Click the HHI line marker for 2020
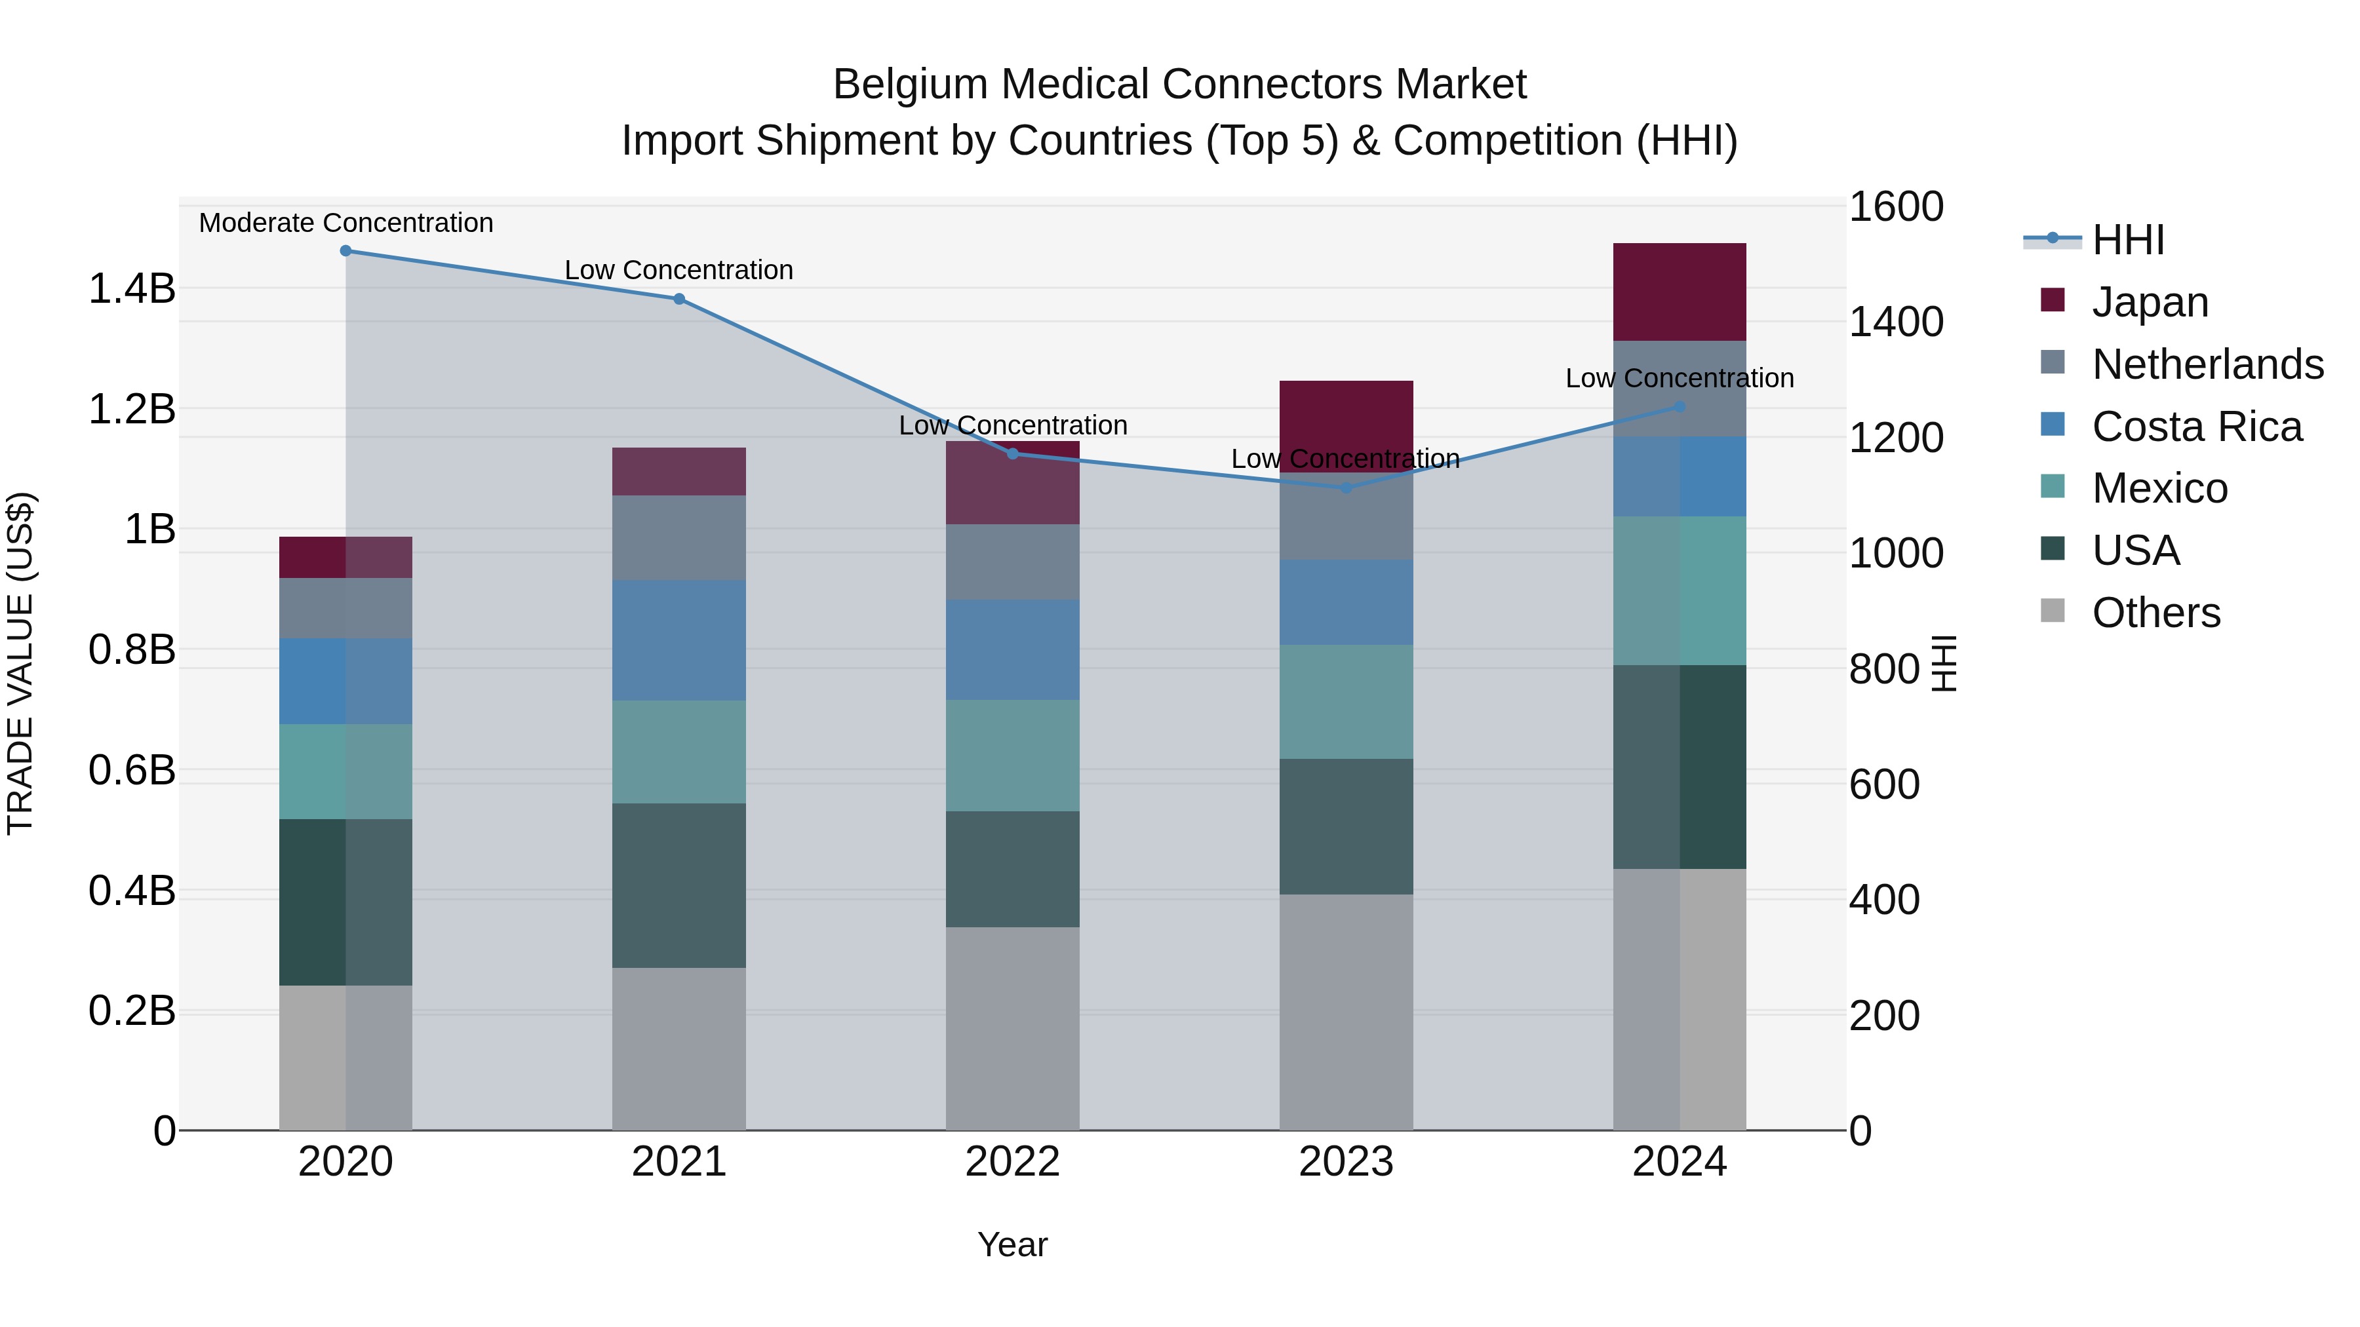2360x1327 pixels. click(345, 250)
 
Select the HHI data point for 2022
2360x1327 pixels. click(1012, 453)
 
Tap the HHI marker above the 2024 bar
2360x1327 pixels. click(1680, 406)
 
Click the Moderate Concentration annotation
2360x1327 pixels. click(345, 223)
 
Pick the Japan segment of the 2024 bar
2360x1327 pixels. click(1680, 292)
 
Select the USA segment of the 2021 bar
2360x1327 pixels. click(679, 885)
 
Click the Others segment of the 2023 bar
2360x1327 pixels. click(1346, 1011)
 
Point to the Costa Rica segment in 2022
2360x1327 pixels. click(1012, 649)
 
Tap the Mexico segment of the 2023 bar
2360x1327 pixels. click(1346, 701)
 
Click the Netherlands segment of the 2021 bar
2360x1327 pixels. click(679, 537)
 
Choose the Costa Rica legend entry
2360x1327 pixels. click(2196, 427)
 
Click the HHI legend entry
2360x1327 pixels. click(2127, 240)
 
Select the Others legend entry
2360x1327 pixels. click(2155, 613)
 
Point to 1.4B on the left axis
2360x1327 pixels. click(131, 288)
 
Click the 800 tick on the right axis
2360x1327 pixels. click(1883, 668)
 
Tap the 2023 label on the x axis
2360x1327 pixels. click(1346, 1162)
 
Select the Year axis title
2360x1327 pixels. click(1012, 1244)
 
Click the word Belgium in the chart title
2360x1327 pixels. click(911, 85)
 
